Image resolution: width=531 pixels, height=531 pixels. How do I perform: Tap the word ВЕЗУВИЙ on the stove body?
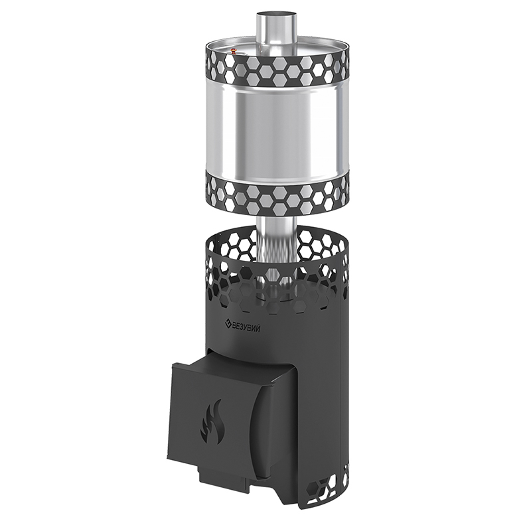pos(246,327)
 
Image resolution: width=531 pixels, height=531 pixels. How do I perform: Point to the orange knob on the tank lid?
pos(234,51)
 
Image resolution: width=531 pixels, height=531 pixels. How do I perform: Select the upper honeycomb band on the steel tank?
pos(276,70)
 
